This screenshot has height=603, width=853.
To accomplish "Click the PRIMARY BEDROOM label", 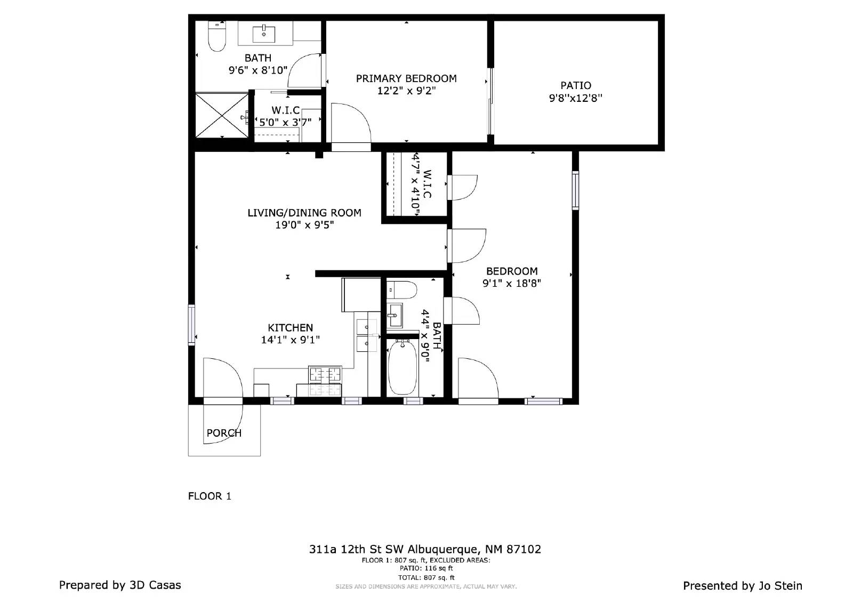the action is click(406, 78).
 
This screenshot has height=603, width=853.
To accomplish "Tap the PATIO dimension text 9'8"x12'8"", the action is click(575, 98).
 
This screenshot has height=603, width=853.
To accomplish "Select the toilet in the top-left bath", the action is click(217, 36).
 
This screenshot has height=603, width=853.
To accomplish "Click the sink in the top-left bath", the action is click(263, 34).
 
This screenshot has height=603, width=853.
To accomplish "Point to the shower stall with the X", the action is click(222, 115).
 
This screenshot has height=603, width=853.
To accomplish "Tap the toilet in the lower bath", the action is click(402, 290).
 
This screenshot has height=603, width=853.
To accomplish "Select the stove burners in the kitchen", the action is click(325, 374).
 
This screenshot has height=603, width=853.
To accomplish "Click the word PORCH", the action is click(224, 433).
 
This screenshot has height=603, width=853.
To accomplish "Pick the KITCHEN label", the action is click(290, 327).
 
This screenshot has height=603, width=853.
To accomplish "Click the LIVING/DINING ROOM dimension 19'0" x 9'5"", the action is click(304, 225).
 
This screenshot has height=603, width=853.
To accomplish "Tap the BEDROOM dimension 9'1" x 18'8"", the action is click(512, 284).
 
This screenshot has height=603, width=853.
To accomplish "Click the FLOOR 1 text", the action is click(210, 496).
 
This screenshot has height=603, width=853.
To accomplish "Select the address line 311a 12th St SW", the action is click(424, 549).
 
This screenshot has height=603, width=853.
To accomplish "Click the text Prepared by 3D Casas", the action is click(120, 585).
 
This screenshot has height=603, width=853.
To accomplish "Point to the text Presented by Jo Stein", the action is click(743, 585).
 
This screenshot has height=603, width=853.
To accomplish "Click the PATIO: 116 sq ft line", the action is click(426, 569).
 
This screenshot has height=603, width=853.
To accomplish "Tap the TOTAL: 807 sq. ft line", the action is click(426, 577).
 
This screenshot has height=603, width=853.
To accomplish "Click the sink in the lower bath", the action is click(395, 316).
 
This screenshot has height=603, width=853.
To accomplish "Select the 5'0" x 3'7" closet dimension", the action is click(285, 122).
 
